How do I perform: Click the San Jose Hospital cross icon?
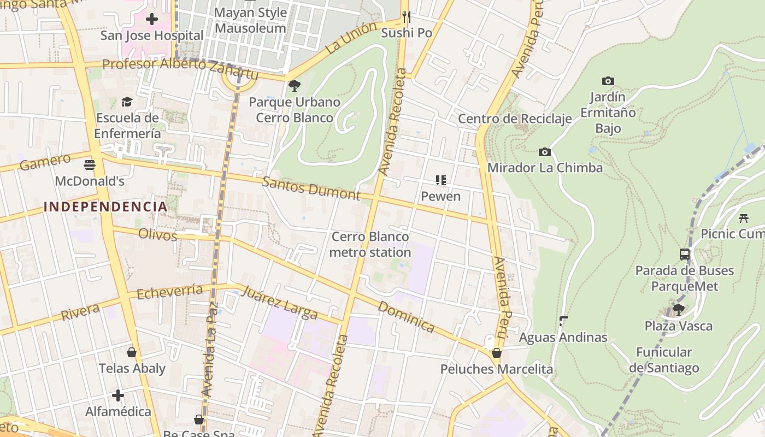[x=152, y=19]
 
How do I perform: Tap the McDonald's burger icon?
[x=90, y=164]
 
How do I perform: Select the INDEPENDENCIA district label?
[x=105, y=206]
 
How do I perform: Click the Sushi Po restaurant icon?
[x=406, y=16]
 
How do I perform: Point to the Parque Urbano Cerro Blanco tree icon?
[x=294, y=86]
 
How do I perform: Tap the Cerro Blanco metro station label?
[x=370, y=244]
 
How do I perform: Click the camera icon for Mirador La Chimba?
[x=544, y=152]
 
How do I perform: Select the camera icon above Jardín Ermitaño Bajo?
[x=608, y=81]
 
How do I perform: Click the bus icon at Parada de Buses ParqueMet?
[x=684, y=254]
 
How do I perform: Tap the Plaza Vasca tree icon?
[x=678, y=310]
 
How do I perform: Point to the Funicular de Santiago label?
[x=664, y=360]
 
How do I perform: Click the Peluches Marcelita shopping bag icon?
[x=496, y=353]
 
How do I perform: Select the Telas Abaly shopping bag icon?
[x=131, y=352]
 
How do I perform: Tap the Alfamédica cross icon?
[x=117, y=395]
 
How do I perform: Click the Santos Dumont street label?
[x=311, y=188]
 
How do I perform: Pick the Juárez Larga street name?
[x=279, y=303]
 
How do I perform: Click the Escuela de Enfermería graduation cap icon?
[x=127, y=102]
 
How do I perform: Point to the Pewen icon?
[x=440, y=180]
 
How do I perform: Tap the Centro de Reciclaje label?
[x=515, y=119]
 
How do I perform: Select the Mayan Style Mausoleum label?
[x=250, y=20]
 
